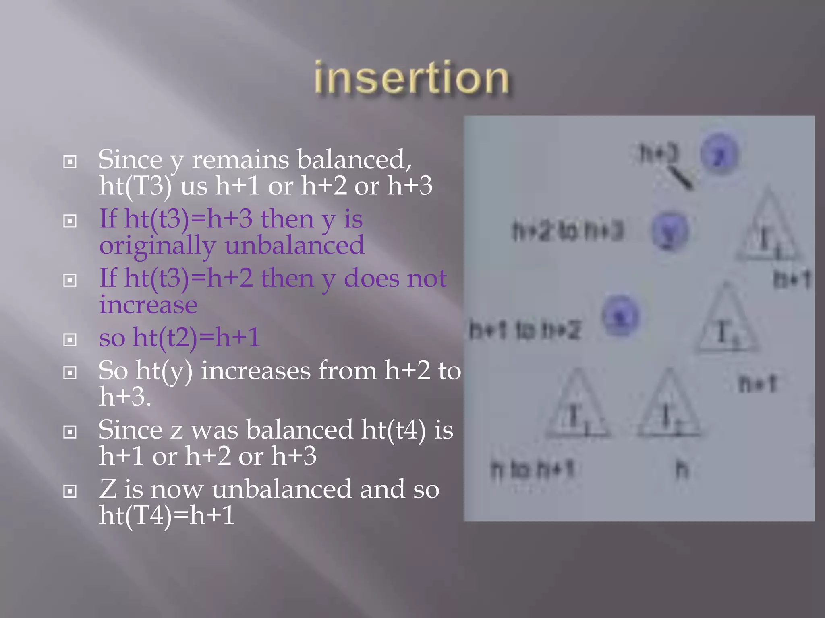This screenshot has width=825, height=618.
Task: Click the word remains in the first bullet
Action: (240, 159)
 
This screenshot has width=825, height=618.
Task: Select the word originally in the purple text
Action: (157, 246)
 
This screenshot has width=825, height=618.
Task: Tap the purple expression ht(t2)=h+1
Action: (196, 337)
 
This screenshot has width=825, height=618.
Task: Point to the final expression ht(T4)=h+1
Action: (167, 515)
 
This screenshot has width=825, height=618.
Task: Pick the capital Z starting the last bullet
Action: (108, 489)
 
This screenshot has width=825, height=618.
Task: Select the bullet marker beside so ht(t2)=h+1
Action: (70, 339)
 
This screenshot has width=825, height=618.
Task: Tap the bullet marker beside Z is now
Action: (70, 491)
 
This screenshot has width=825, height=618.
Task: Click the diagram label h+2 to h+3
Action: (568, 231)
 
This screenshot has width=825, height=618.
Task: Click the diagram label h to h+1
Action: (532, 470)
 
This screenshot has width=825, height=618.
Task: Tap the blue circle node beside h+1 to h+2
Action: (620, 315)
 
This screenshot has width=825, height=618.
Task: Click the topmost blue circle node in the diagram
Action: (719, 154)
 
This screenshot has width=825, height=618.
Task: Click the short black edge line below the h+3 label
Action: (680, 178)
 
